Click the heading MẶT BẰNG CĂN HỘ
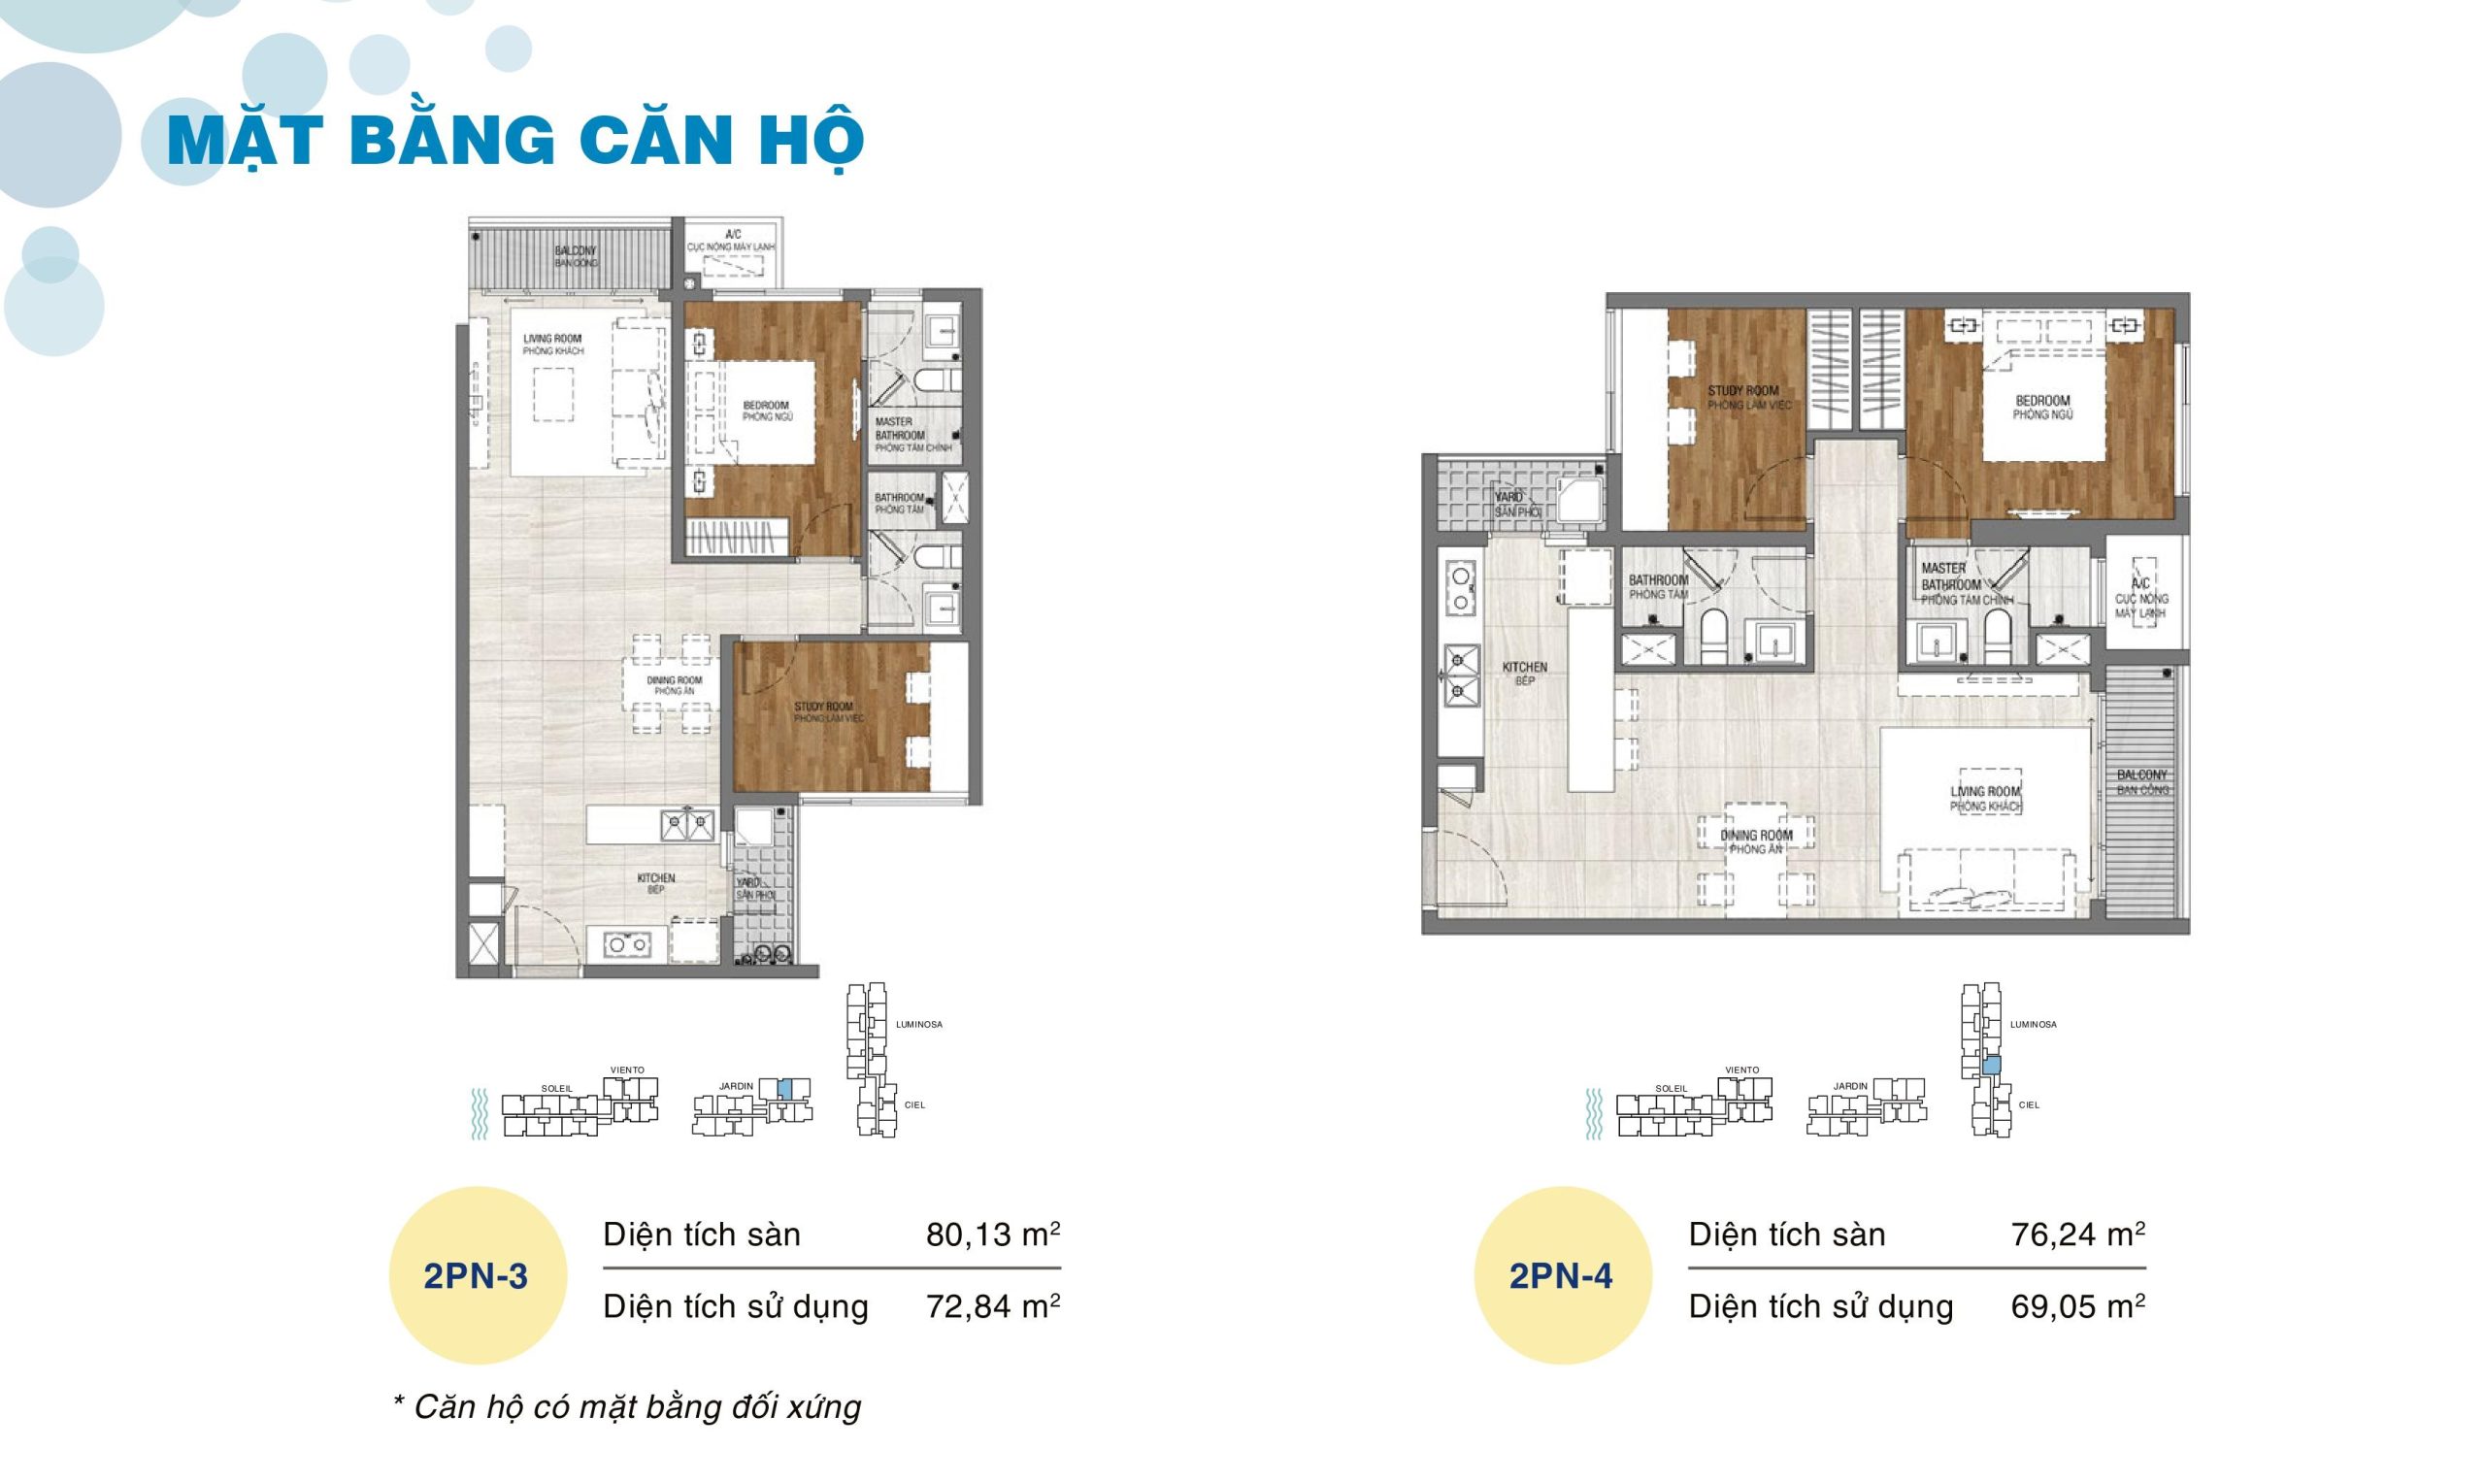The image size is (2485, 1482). click(x=515, y=141)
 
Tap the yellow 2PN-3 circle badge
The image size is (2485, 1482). click(x=477, y=1276)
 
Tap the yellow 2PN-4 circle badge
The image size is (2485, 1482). click(x=1561, y=1276)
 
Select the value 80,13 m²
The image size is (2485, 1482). click(x=992, y=1235)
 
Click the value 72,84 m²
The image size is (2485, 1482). click(x=992, y=1306)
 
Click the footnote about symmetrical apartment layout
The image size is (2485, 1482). click(x=627, y=1407)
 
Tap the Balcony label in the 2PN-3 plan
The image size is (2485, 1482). click(x=577, y=256)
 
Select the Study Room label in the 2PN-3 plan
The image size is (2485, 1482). click(x=824, y=712)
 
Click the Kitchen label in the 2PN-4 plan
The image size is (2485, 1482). click(x=1524, y=674)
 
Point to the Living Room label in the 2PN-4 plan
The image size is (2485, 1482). click(x=1986, y=798)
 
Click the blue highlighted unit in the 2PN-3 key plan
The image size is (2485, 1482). click(x=784, y=1089)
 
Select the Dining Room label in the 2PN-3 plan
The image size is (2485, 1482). click(x=675, y=685)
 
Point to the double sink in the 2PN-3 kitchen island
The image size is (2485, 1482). click(x=687, y=826)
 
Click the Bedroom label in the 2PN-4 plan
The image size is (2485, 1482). click(x=2042, y=407)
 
